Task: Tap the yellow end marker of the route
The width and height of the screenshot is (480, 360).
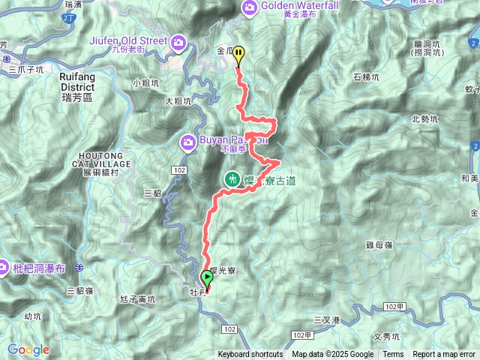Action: coord(238,54)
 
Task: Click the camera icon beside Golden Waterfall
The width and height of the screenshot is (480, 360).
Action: coord(249,7)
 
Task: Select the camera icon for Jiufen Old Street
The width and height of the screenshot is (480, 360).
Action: coord(178,40)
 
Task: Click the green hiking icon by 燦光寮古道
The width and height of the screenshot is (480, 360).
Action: coord(232,179)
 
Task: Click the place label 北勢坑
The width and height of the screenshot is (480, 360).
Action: coord(425,119)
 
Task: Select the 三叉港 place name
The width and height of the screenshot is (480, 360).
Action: coord(327,320)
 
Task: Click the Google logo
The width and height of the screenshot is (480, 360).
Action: coord(28,349)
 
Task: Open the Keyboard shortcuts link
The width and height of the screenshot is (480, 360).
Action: coord(250,355)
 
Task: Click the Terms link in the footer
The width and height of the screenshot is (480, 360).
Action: coord(393,355)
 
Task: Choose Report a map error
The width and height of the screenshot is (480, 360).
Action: coord(444,355)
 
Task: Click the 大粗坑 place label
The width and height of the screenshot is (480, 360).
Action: coord(179,100)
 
